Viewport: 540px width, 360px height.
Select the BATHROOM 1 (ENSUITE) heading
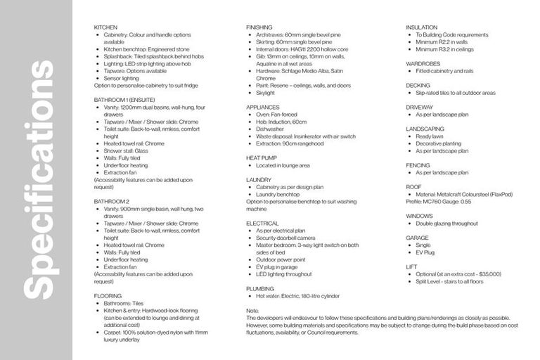(124, 100)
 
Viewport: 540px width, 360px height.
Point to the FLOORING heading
(108, 296)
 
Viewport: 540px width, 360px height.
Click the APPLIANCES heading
(263, 107)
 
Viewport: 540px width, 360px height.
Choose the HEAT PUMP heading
(262, 158)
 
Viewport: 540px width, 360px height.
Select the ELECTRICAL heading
(263, 223)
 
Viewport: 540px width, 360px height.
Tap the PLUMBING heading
(260, 289)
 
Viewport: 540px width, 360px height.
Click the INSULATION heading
(421, 27)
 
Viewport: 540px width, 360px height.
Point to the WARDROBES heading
(423, 63)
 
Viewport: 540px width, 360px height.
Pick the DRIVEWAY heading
(420, 107)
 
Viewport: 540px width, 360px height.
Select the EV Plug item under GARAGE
(425, 252)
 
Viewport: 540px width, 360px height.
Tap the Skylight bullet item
(265, 93)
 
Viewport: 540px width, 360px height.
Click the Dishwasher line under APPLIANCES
(271, 129)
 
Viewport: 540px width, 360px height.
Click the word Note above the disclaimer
(253, 311)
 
